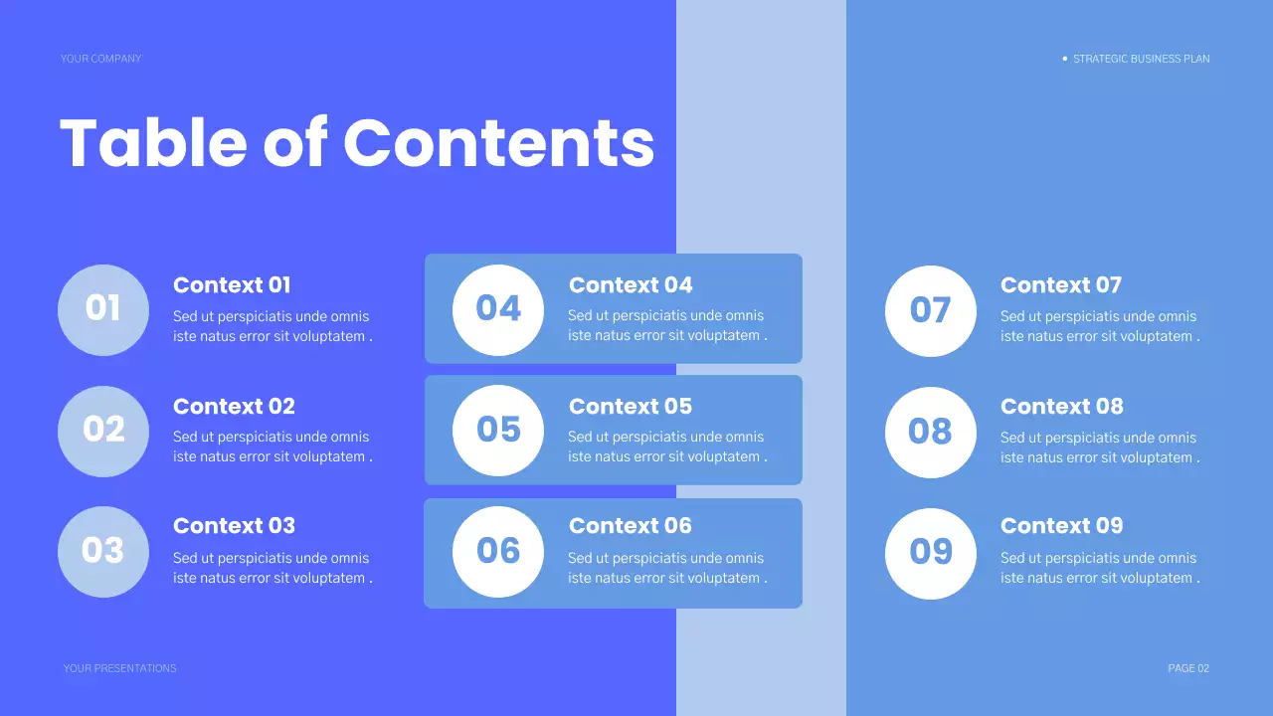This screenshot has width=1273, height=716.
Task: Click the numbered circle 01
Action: tap(103, 309)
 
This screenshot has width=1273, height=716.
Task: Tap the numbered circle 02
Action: tap(103, 431)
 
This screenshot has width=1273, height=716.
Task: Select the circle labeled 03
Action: tap(103, 551)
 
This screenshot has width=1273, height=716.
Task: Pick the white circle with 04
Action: tap(498, 309)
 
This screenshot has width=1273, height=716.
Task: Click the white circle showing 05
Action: tap(498, 430)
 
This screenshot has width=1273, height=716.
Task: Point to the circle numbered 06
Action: tap(498, 551)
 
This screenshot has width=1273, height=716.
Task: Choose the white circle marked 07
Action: tap(931, 310)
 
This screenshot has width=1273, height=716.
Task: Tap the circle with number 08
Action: tap(931, 432)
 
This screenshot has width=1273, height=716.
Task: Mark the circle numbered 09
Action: tap(931, 553)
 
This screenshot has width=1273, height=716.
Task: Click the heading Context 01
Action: tap(232, 285)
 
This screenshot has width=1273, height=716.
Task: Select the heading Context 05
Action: tap(631, 407)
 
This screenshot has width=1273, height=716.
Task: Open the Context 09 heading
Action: tap(1061, 526)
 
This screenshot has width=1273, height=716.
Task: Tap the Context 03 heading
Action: tap(234, 526)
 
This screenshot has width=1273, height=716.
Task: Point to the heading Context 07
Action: tap(1060, 285)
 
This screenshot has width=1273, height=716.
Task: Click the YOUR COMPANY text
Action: tap(100, 59)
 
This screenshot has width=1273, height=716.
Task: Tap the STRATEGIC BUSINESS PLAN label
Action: tap(1141, 59)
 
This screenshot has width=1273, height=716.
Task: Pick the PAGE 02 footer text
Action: tap(1188, 668)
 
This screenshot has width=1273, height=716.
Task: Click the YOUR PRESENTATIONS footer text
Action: tap(119, 668)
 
